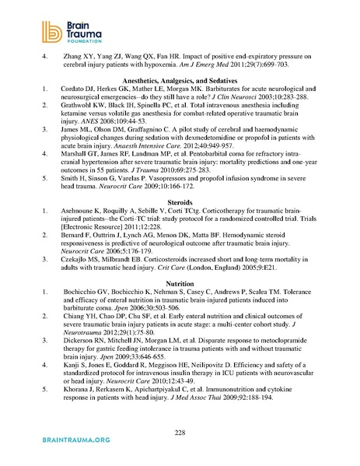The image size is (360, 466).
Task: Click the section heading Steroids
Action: point(179,202)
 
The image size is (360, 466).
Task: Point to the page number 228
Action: point(180,432)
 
